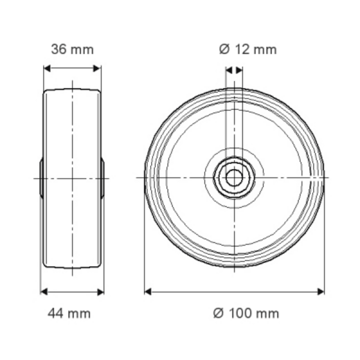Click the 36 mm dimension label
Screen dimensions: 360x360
[72, 49]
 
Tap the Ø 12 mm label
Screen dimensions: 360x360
[248, 49]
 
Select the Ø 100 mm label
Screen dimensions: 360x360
[246, 313]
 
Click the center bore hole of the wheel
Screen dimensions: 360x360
[234, 177]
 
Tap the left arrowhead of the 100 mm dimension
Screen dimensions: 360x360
[148, 291]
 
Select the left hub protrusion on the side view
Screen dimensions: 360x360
[41, 178]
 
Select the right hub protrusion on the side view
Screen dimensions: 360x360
[103, 178]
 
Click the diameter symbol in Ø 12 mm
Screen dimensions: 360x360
[224, 49]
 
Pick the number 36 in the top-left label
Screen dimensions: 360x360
[59, 49]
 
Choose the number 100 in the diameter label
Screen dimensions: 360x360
[239, 313]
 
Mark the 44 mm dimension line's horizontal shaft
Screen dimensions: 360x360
[72, 291]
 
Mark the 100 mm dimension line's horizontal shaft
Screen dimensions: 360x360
[234, 291]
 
